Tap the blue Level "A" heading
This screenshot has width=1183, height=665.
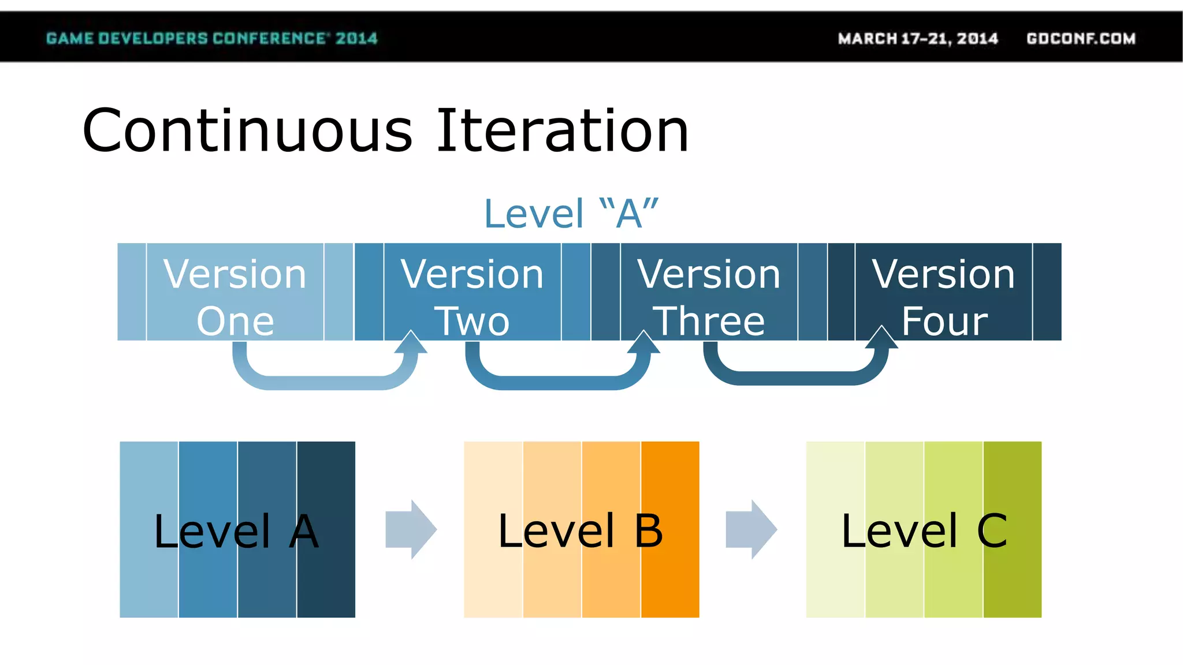[x=571, y=214]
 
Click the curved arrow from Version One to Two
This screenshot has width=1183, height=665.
[x=323, y=382]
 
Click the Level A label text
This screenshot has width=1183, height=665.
[x=236, y=531]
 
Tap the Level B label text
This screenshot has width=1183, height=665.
[x=580, y=531]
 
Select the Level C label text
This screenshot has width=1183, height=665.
[x=924, y=531]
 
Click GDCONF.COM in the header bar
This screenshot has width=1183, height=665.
[x=1081, y=39]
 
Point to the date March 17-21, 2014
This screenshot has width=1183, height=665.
[x=918, y=39]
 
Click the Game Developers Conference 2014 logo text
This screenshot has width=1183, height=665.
[x=211, y=39]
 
